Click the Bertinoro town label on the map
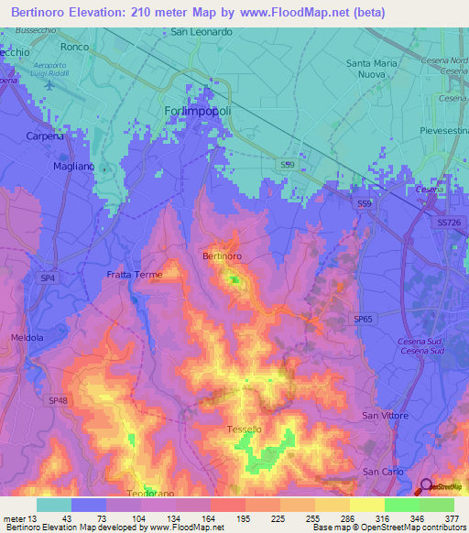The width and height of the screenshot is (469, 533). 222,256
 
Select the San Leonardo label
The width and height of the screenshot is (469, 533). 202,31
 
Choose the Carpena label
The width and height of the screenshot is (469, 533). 45,136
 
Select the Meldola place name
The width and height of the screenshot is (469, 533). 27,337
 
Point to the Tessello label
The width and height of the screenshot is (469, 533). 245,430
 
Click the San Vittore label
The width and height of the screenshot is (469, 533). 384,416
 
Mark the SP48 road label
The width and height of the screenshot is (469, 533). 59,401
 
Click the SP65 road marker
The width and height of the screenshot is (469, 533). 364,318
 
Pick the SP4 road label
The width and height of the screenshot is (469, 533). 48,277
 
